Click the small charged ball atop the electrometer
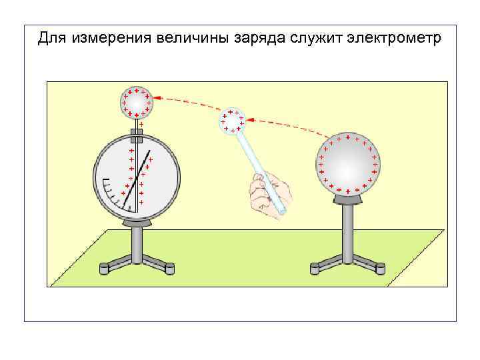pyautogui.click(x=137, y=102)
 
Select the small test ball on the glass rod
pyautogui.click(x=233, y=121)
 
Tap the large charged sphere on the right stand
pyautogui.click(x=348, y=164)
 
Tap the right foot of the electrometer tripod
pyautogui.click(x=169, y=269)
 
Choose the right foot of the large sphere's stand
pyautogui.click(x=380, y=269)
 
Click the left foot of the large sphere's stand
pyautogui.click(x=315, y=269)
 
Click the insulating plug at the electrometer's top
pyautogui.click(x=137, y=139)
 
